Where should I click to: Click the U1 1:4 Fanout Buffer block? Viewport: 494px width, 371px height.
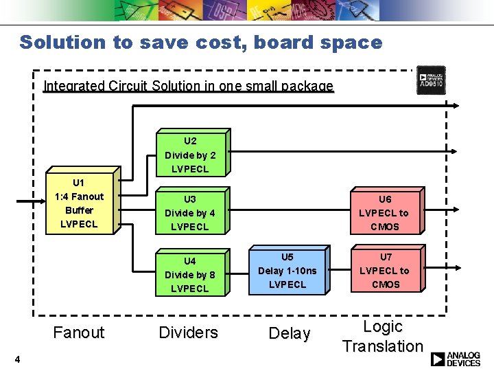tap(79, 203)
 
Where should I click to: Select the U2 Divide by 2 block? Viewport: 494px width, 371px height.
tap(190, 155)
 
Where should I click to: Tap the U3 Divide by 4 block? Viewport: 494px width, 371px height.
tap(189, 212)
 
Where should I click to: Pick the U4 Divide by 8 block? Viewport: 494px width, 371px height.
tap(189, 274)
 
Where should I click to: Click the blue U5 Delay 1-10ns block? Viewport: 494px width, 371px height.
tap(287, 270)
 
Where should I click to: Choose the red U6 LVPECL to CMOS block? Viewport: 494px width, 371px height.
tap(384, 212)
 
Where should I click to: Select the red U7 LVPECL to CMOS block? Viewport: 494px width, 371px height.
tap(384, 270)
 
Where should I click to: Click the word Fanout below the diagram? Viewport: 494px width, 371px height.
tap(79, 333)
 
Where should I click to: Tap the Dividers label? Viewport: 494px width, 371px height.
tap(188, 333)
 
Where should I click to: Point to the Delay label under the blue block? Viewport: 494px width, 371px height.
tap(290, 333)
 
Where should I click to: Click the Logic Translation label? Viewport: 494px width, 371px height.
tap(383, 336)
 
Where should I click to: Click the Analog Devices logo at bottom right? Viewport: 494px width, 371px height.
tap(456, 359)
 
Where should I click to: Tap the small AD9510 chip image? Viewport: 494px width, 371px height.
tap(431, 80)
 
